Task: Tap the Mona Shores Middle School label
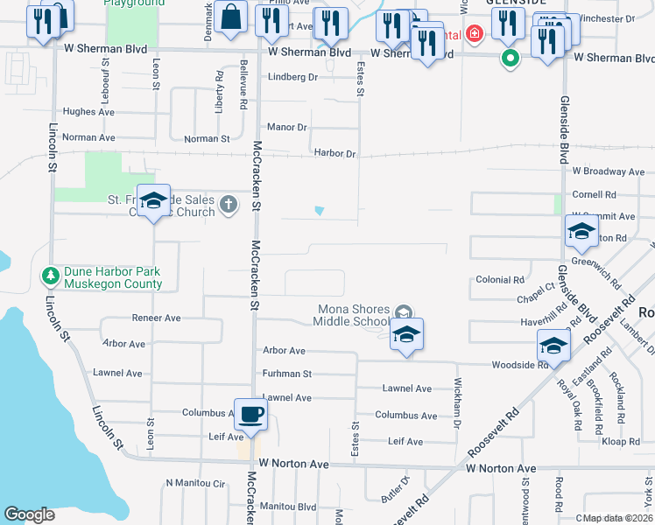[x=354, y=315]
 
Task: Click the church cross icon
[x=228, y=204]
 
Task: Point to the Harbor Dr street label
[x=335, y=154]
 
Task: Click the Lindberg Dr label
[x=292, y=77]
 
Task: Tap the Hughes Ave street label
[x=89, y=112]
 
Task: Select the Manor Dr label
[x=287, y=127]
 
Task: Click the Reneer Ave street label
[x=156, y=318]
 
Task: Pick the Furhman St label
[x=287, y=374]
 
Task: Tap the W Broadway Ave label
[x=608, y=171]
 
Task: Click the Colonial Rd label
[x=499, y=280]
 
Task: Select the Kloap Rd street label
[x=622, y=442]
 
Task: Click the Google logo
[x=30, y=514]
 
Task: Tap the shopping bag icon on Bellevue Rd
[x=230, y=17]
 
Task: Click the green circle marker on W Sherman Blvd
[x=510, y=59]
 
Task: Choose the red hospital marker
[x=474, y=34]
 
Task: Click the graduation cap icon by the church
[x=154, y=202]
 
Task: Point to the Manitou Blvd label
[x=288, y=507]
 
